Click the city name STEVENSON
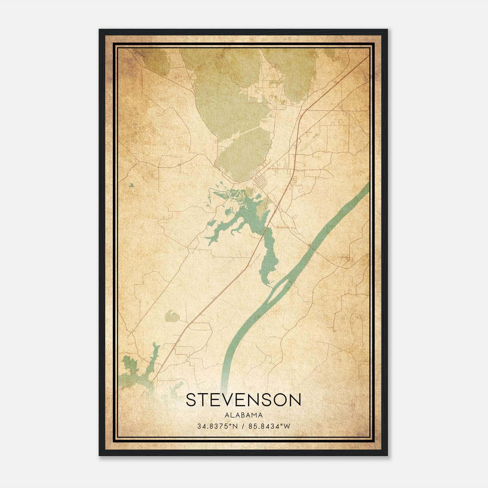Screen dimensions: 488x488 tap(243, 400)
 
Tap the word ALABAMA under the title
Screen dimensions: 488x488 tap(243, 415)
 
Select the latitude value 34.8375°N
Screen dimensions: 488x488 tap(217, 426)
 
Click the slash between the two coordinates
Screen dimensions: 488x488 tap(243, 426)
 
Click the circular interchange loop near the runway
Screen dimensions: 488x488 tap(298, 141)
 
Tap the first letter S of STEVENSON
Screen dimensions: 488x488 tap(191, 400)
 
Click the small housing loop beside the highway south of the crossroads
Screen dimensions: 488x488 tap(294, 182)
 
